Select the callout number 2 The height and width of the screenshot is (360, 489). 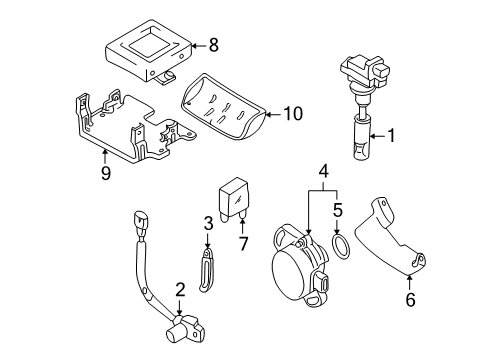click(180, 290)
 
